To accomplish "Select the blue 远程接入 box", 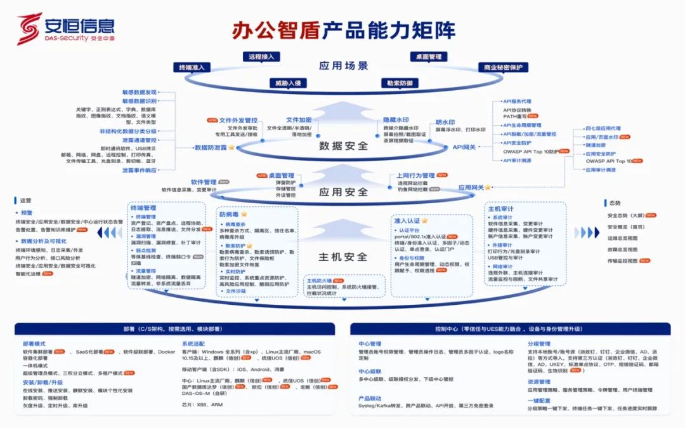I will (261, 57).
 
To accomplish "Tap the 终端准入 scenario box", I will (191, 67).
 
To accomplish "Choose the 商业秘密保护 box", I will (503, 67).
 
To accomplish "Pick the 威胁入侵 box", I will (287, 83).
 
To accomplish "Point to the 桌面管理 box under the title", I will (429, 57).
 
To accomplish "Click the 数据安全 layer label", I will (343, 145).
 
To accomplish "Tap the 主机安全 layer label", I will (342, 257).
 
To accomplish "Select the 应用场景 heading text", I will (343, 65).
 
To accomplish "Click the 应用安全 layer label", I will (343, 192).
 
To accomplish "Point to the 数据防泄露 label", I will (211, 147).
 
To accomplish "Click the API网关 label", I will (464, 147).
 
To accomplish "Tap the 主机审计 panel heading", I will (500, 208).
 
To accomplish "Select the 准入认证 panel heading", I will (407, 220).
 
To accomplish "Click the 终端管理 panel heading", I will (143, 208).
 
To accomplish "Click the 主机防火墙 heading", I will (320, 280).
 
